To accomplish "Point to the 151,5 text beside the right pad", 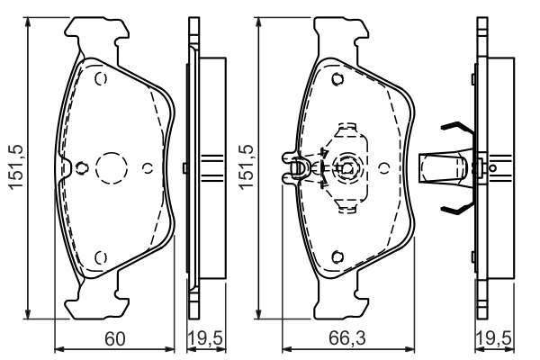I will tap(245, 167).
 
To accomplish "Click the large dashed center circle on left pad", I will tap(112, 167).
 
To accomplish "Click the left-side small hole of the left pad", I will tap(80, 166).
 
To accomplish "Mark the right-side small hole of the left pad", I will tap(148, 166).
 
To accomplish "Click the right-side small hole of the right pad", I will tap(384, 166).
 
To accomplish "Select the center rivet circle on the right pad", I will tap(346, 166).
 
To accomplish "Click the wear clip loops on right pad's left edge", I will tap(293, 167).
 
